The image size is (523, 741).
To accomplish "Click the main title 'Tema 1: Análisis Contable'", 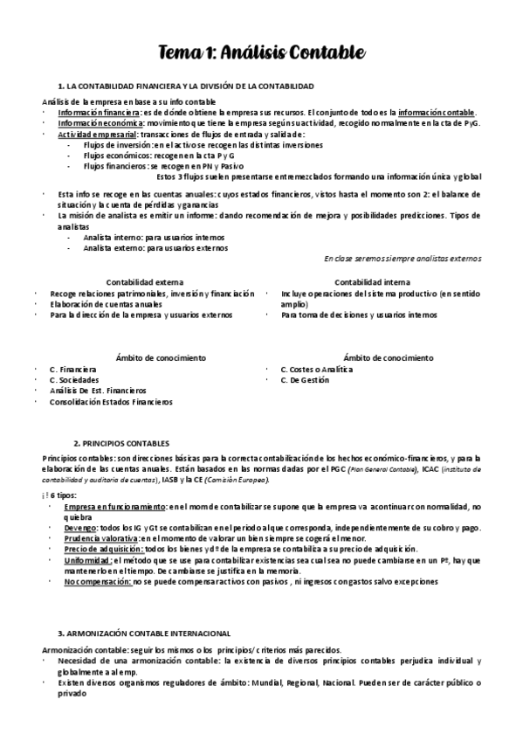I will click(261, 52).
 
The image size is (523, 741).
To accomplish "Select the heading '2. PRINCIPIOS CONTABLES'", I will click(121, 443).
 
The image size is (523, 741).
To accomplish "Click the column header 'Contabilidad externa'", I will click(145, 282).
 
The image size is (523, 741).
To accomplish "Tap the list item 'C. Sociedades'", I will click(74, 380).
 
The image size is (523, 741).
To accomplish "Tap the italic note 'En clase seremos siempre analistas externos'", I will click(402, 259).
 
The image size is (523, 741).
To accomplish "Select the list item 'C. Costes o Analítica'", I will click(317, 370).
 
